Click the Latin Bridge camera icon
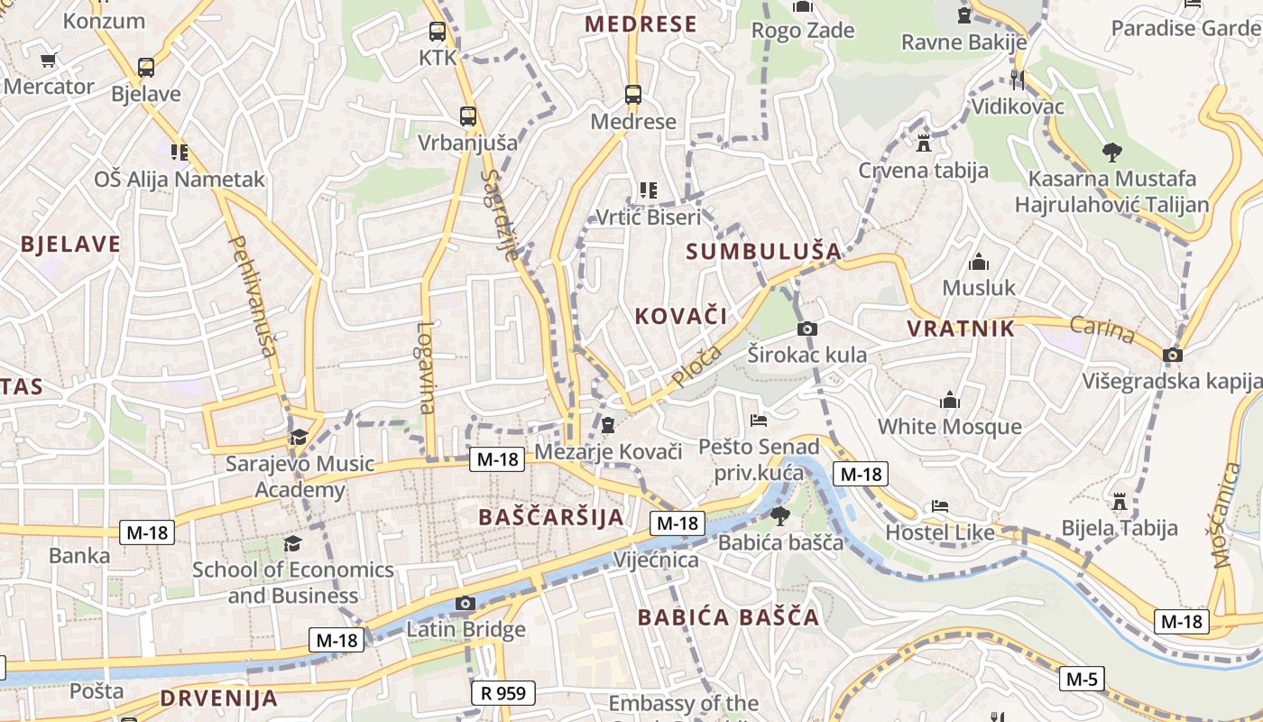click(466, 603)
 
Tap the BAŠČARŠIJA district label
click(551, 517)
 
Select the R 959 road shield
click(503, 693)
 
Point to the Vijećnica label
click(656, 560)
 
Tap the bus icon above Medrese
click(633, 94)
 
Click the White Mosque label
click(949, 426)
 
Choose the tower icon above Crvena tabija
click(923, 143)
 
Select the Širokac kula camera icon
click(807, 329)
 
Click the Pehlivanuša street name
click(254, 295)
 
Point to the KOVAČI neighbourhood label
click(681, 315)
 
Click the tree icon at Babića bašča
click(779, 515)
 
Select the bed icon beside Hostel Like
click(940, 506)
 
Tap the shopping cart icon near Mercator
click(48, 60)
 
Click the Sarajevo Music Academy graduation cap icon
click(299, 438)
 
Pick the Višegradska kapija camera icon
click(1173, 355)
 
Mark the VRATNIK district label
click(961, 329)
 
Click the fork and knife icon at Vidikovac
click(1018, 79)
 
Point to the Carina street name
click(1102, 329)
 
